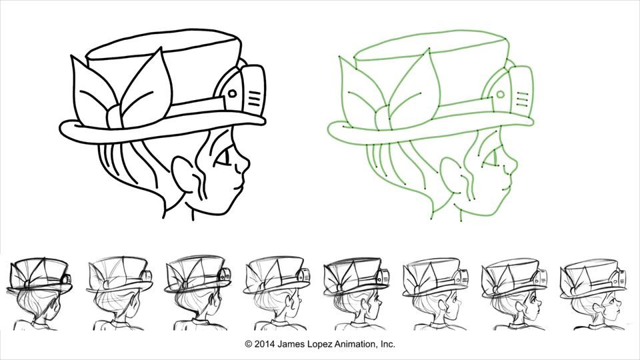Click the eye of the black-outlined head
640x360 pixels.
[223, 159]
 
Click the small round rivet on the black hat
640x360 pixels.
[231, 95]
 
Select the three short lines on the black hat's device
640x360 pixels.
[254, 101]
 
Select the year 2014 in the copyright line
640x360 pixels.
[265, 345]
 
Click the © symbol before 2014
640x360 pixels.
[249, 345]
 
